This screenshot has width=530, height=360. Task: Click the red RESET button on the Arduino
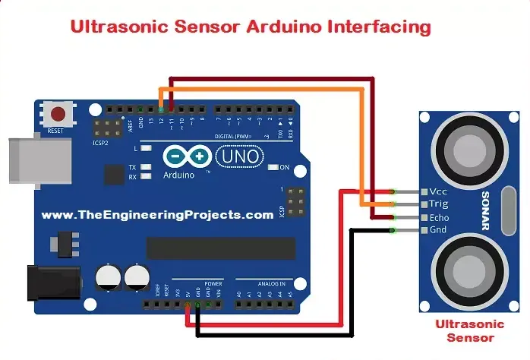pyautogui.click(x=57, y=115)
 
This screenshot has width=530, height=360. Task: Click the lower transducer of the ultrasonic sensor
pyautogui.click(x=465, y=269)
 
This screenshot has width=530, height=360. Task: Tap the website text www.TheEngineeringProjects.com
pyautogui.click(x=157, y=215)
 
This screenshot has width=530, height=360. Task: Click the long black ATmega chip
pyautogui.click(x=220, y=247)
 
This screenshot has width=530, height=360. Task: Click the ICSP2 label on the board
pyautogui.click(x=101, y=141)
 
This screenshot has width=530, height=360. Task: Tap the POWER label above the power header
pyautogui.click(x=192, y=283)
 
